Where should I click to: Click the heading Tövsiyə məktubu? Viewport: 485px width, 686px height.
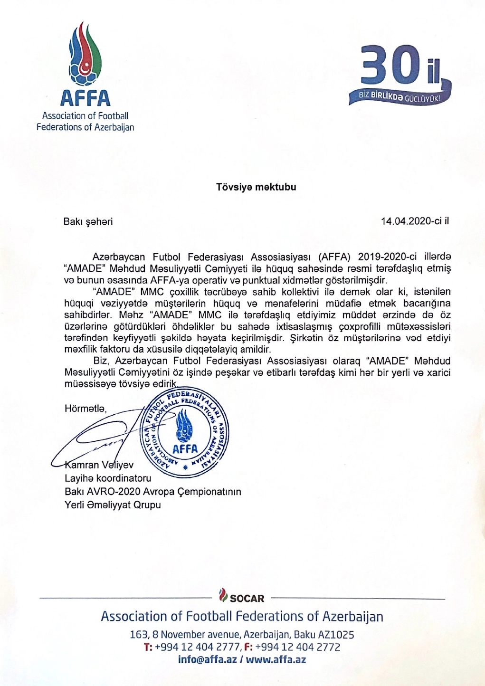pyautogui.click(x=256, y=187)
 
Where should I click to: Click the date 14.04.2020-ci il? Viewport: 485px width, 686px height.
pyautogui.click(x=415, y=221)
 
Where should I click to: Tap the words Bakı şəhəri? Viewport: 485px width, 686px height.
pyautogui.click(x=88, y=221)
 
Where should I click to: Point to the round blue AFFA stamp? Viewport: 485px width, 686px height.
pyautogui.click(x=185, y=432)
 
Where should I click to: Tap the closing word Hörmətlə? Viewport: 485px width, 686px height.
pyautogui.click(x=86, y=408)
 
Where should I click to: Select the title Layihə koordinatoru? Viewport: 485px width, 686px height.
pyautogui.click(x=108, y=478)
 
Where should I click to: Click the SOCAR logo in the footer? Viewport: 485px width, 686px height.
pyautogui.click(x=242, y=597)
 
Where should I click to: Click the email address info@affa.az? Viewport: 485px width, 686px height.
pyautogui.click(x=207, y=659)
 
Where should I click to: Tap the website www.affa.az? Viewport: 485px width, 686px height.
pyautogui.click(x=276, y=659)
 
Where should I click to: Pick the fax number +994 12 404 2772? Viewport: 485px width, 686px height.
pyautogui.click(x=298, y=647)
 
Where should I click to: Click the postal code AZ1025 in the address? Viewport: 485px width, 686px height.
pyautogui.click(x=337, y=635)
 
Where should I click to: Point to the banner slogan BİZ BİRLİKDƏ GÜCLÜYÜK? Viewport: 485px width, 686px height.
pyautogui.click(x=399, y=97)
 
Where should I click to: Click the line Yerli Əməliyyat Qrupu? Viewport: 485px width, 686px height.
pyautogui.click(x=113, y=505)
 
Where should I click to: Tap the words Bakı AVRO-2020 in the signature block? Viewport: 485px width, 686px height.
pyautogui.click(x=102, y=491)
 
